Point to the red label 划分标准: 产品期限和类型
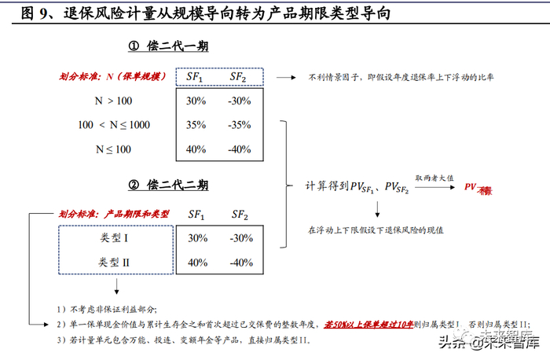click(x=114, y=213)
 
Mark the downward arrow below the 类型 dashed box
click(x=117, y=285)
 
